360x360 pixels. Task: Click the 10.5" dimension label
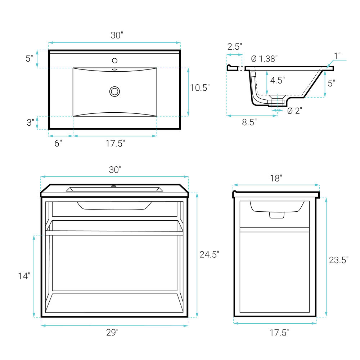pos(200,88)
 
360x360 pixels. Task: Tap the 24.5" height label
pos(209,255)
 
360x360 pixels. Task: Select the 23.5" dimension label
pos(339,260)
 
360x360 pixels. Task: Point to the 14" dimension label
pos(24,276)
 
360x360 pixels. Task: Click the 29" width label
pos(112,332)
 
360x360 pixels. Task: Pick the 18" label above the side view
pos(276,178)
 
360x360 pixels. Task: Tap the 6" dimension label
pos(58,143)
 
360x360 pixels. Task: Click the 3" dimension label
pos(30,122)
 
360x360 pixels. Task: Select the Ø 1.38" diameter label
pos(264,59)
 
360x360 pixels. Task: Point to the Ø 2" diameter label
pos(294,111)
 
